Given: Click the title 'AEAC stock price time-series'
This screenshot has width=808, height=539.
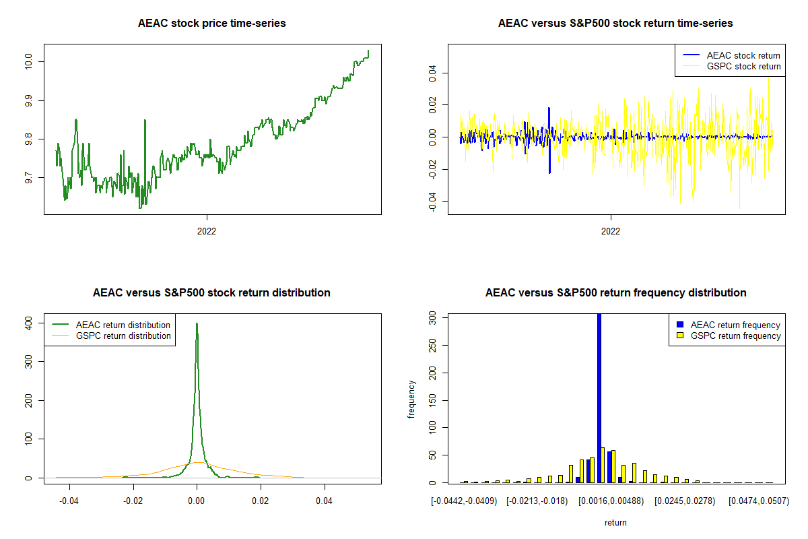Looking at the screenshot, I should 211,24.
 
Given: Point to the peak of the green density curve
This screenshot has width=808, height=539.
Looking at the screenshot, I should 197,323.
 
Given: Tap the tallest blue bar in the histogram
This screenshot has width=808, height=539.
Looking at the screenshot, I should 599,398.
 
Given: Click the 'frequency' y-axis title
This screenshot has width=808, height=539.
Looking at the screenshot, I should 411,400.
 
